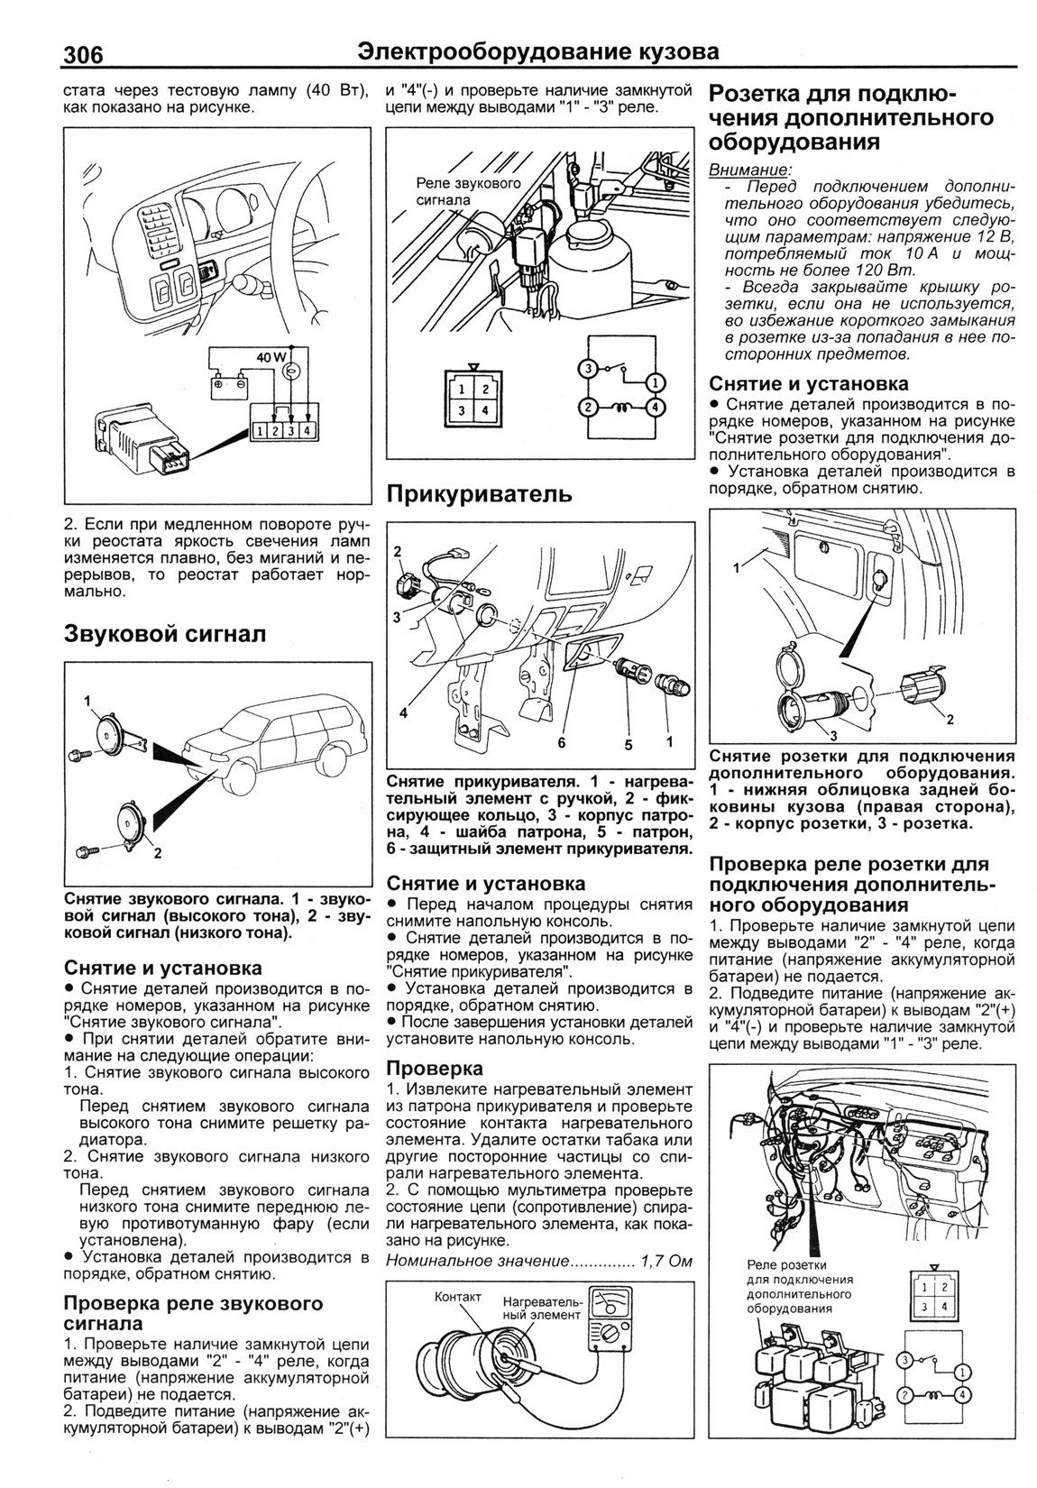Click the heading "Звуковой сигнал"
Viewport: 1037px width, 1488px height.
[165, 634]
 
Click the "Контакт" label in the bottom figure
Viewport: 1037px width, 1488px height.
[458, 1296]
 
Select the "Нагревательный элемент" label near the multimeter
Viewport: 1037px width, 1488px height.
[542, 1309]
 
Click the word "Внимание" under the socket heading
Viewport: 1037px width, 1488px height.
[749, 170]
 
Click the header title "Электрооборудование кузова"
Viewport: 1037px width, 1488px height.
[538, 52]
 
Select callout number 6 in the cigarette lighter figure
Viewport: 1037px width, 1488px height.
[560, 743]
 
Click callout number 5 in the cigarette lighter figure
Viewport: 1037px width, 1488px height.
[629, 745]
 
